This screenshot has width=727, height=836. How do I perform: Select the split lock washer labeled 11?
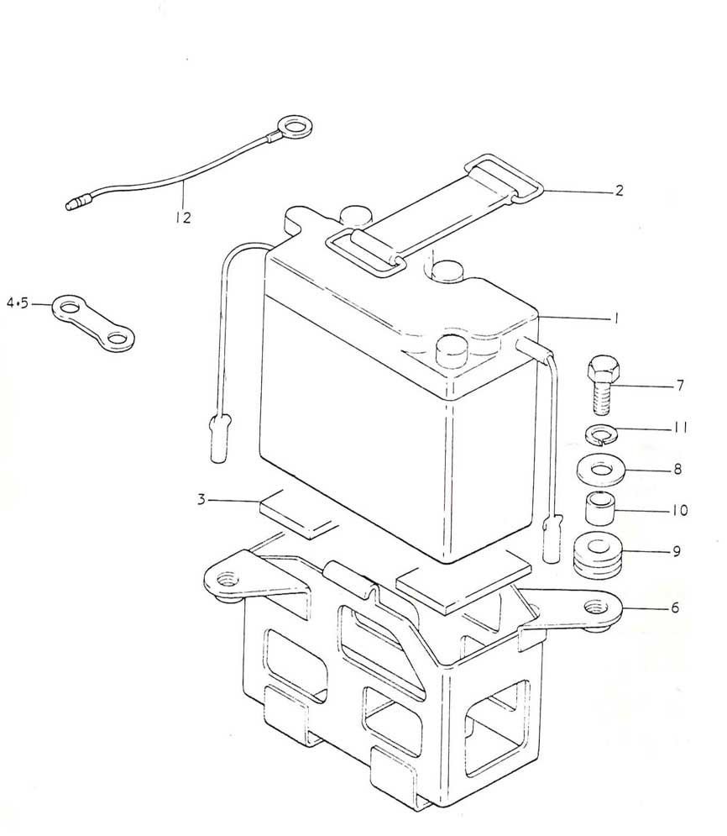pos(601,434)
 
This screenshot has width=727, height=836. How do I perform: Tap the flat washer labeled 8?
pos(601,469)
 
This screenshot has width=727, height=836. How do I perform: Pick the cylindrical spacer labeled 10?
pos(601,509)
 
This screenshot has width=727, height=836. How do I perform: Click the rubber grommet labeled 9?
pos(599,555)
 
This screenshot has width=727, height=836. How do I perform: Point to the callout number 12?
pos(183,218)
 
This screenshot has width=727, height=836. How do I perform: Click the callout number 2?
pos(619,191)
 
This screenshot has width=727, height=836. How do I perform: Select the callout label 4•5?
pos(18,303)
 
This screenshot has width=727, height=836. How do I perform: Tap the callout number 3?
pos(201,500)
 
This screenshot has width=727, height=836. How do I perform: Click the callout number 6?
pos(675,607)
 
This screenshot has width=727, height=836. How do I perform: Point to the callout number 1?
pos(616,318)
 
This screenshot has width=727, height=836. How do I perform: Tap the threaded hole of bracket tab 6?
pos(595,607)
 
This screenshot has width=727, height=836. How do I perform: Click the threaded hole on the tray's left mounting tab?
pos(228,579)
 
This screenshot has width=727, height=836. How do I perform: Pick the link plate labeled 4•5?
pos(93,323)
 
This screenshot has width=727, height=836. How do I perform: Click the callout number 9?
pos(677,551)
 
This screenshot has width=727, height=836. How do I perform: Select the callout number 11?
pos(680,427)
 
